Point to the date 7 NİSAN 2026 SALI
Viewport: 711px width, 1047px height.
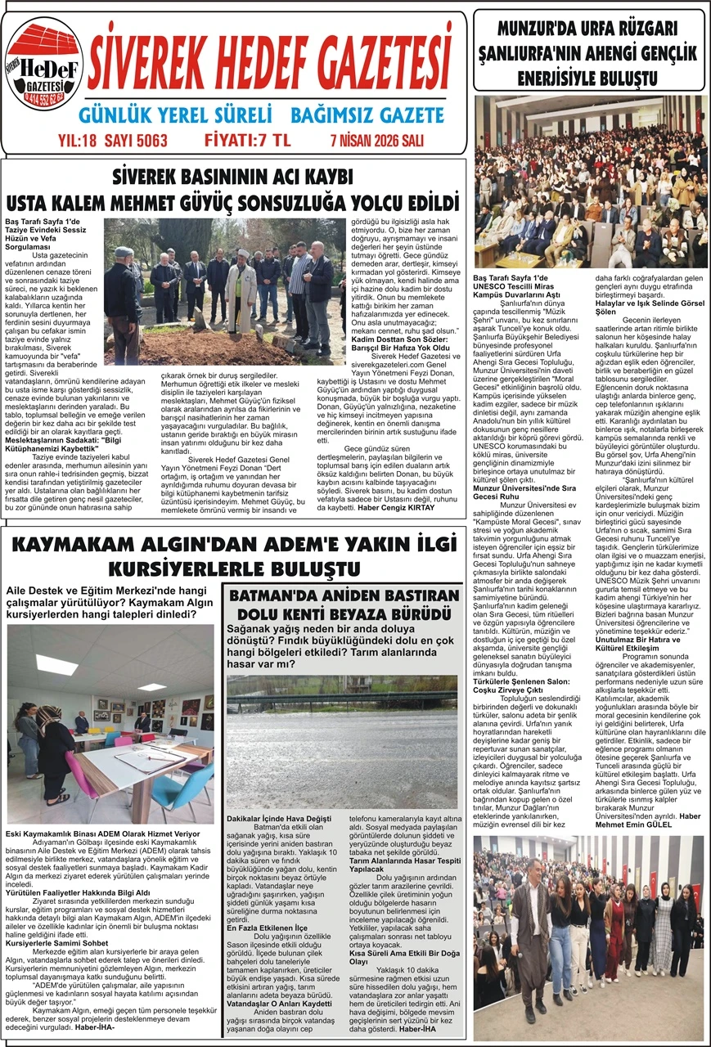[x=377, y=141]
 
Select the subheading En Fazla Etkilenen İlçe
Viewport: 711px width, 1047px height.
[x=268, y=928]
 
